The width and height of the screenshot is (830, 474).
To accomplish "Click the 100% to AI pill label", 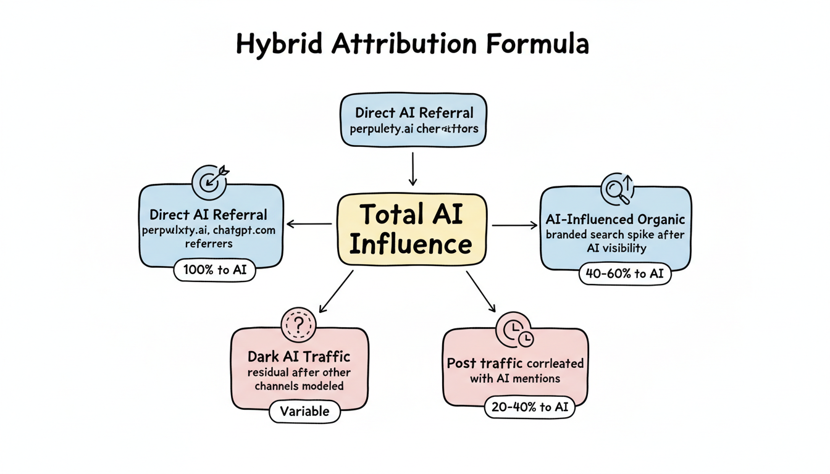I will pos(214,270).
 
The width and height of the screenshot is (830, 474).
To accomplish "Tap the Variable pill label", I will pos(304,411).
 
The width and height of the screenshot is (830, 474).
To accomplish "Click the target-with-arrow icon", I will pos(210,180).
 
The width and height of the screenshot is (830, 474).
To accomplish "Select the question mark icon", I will pos(298,324).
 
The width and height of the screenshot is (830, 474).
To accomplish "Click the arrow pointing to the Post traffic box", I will pos(480,291).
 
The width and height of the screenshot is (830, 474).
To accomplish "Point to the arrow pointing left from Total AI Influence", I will pos(309,224).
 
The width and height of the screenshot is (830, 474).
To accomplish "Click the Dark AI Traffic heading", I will pos(299,356).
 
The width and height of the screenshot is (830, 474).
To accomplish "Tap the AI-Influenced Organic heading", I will pos(615,219).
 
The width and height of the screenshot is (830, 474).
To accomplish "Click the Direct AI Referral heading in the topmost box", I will pos(414,113).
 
